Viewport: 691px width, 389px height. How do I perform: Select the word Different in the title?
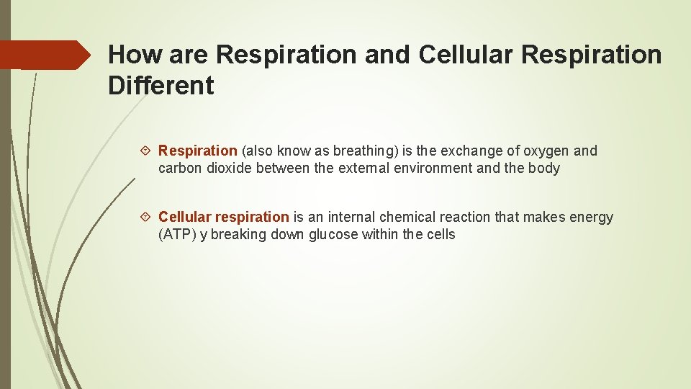[161, 86]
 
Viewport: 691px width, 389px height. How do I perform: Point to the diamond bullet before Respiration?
[147, 151]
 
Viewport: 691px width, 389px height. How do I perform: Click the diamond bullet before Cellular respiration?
[147, 218]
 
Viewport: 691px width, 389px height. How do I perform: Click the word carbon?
[180, 169]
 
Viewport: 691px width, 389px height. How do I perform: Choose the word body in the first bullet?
[545, 169]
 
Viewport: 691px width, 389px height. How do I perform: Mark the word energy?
[591, 217]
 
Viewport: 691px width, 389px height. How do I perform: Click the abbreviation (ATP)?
[177, 235]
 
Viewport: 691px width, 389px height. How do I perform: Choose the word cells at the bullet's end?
[440, 235]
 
